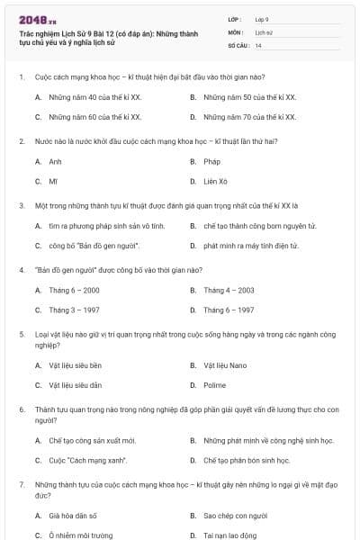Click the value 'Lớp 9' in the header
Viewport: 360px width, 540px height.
(x=262, y=18)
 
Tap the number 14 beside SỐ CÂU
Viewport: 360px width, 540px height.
(x=258, y=45)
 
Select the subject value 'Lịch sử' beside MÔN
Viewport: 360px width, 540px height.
(x=263, y=31)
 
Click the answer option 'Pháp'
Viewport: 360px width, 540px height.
(x=211, y=162)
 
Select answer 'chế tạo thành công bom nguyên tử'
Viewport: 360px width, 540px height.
(x=248, y=226)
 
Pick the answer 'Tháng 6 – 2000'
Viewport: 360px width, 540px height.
(x=75, y=291)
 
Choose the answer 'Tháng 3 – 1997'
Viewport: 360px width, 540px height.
(x=75, y=310)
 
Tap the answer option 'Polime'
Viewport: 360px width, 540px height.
(x=215, y=385)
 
